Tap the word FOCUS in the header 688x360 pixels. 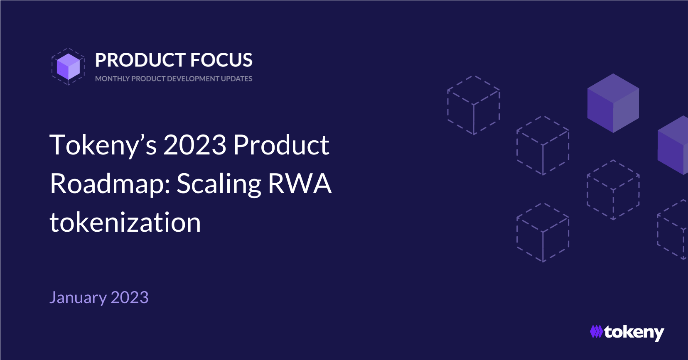(221, 60)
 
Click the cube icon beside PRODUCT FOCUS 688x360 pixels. (68, 66)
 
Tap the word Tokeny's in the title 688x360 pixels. (103, 145)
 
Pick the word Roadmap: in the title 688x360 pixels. (110, 184)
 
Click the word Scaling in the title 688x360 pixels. (219, 184)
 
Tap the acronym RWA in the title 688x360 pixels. (300, 184)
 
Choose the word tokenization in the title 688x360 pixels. (125, 222)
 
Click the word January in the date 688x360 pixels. (78, 298)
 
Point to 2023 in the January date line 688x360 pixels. (130, 297)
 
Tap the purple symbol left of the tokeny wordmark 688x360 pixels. (596, 331)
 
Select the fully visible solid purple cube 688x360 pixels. (613, 103)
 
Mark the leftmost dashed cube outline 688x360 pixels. (474, 105)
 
